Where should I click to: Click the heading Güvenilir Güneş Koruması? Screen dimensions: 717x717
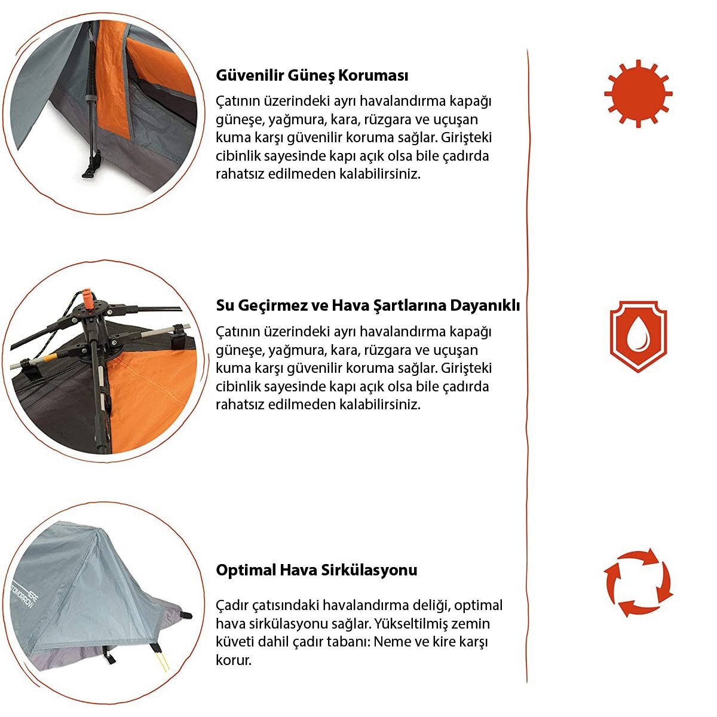312,76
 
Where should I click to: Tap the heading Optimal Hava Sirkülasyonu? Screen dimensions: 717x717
316,569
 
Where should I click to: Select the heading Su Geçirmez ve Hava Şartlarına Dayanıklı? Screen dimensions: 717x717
367,306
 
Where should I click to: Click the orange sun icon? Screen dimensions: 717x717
638,93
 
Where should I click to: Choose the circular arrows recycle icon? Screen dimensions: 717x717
638,583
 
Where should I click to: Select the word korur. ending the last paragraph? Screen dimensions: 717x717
234,660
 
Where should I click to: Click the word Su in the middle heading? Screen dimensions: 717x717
225,306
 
